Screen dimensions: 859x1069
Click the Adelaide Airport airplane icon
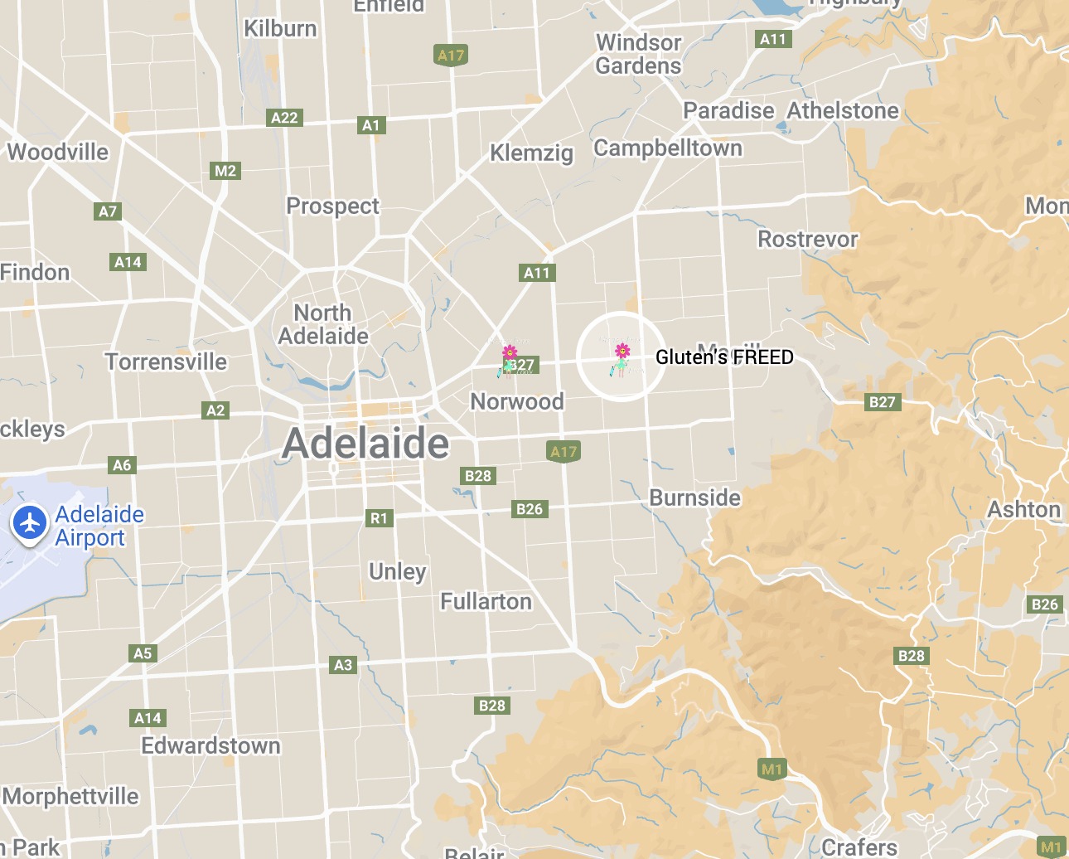pyautogui.click(x=30, y=523)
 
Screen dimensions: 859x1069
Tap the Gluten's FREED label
pyautogui.click(x=724, y=357)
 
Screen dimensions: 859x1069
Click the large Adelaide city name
pyautogui.click(x=365, y=444)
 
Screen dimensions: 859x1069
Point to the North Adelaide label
pyautogui.click(x=323, y=324)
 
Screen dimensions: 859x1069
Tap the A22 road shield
pyautogui.click(x=284, y=118)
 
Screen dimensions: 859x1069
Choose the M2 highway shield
pyautogui.click(x=225, y=171)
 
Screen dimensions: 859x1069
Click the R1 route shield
pyautogui.click(x=379, y=518)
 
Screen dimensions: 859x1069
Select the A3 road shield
pyautogui.click(x=343, y=664)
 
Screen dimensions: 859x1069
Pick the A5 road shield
pyautogui.click(x=143, y=653)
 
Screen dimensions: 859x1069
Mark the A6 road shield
pyautogui.click(x=122, y=465)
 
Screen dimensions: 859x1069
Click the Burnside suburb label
pyautogui.click(x=694, y=497)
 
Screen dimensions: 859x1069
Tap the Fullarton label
pyautogui.click(x=486, y=601)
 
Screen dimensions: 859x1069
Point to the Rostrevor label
pyautogui.click(x=807, y=239)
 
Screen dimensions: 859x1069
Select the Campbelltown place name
pyautogui.click(x=668, y=148)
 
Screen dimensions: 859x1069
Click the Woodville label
pyautogui.click(x=58, y=152)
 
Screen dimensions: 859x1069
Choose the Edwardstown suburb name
pyautogui.click(x=210, y=745)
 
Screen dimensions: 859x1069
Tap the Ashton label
pyautogui.click(x=1023, y=509)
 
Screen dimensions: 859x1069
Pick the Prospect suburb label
pyautogui.click(x=332, y=206)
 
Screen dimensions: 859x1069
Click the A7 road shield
pyautogui.click(x=108, y=211)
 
